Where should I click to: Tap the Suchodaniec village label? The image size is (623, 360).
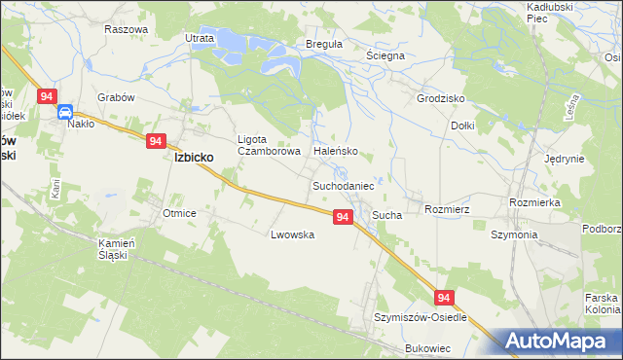[344, 184]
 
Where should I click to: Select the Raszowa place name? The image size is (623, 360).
[126, 29]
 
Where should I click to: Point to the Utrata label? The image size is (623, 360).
[200, 38]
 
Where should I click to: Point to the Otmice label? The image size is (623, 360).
[180, 213]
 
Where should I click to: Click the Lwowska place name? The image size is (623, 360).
[292, 234]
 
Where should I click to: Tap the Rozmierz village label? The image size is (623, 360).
[448, 208]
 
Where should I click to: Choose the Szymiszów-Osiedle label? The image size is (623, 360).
[421, 318]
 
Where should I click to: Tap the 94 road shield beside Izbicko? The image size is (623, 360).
[157, 141]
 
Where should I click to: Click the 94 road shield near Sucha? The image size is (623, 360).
[342, 217]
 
